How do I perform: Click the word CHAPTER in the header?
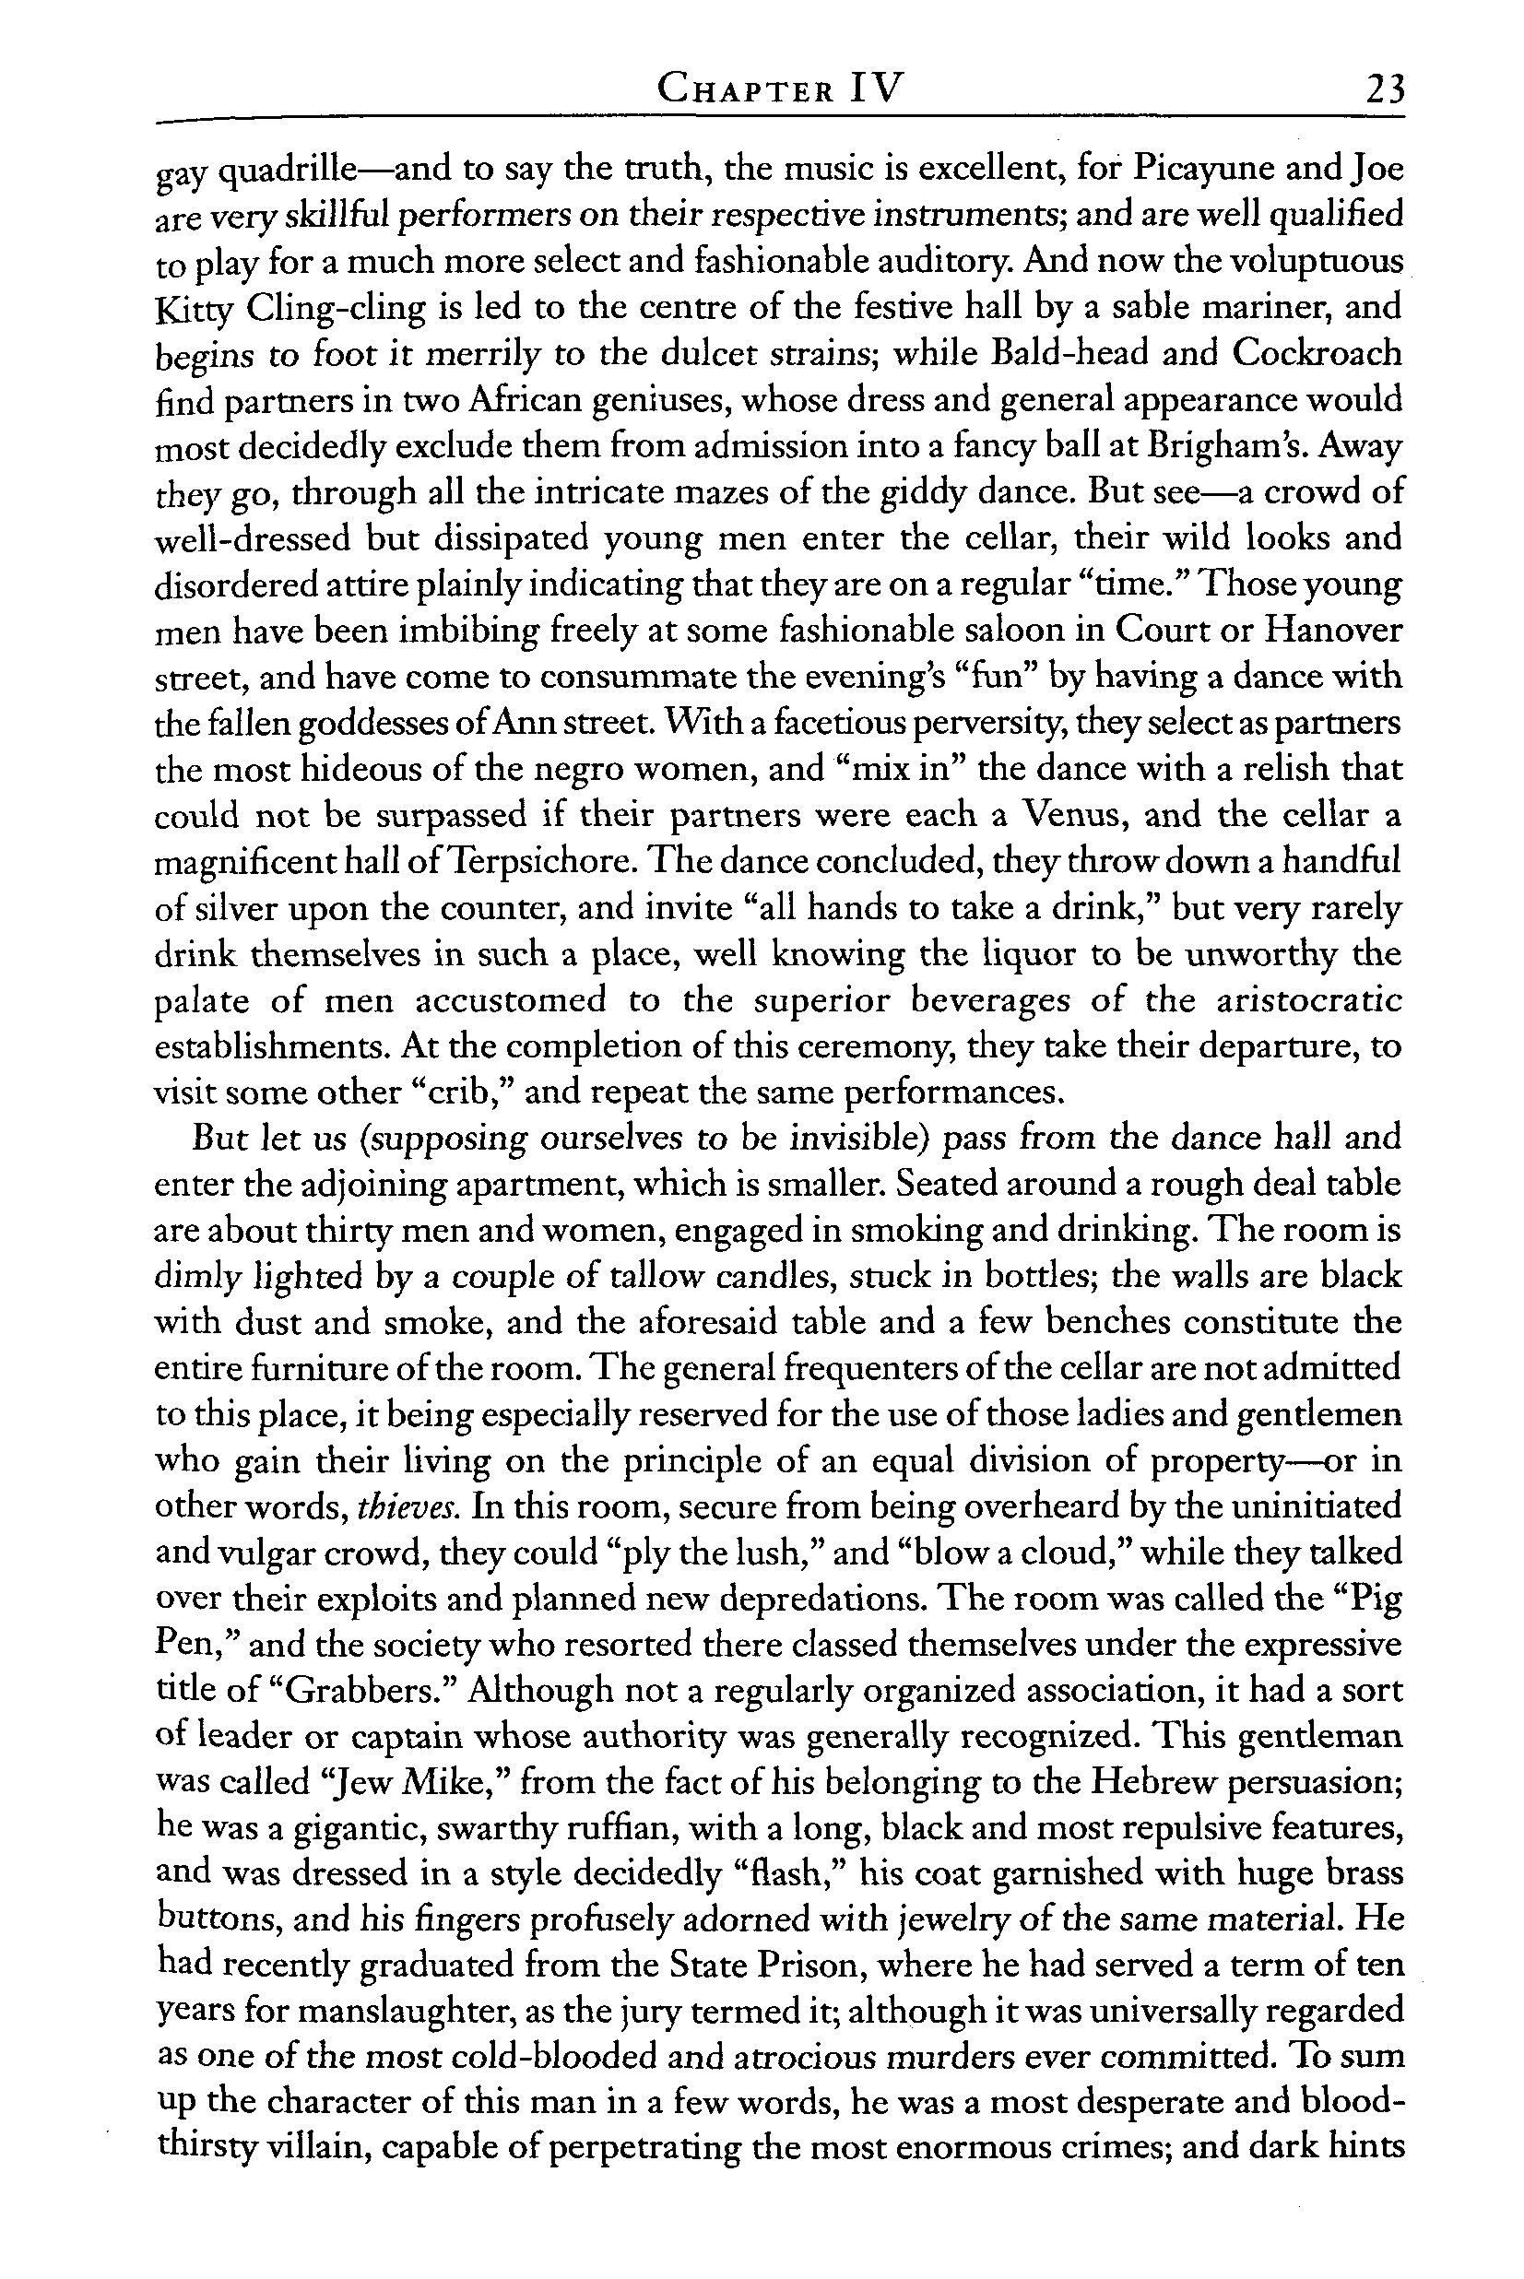pyautogui.click(x=745, y=90)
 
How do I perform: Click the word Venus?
pyautogui.click(x=1068, y=814)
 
